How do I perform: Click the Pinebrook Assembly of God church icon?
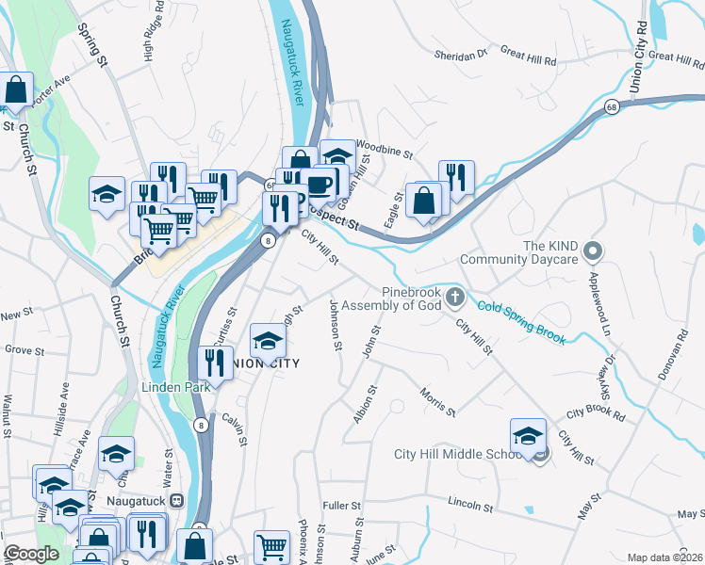(x=455, y=299)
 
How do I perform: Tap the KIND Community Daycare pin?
(x=593, y=251)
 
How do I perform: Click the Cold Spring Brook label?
(x=521, y=322)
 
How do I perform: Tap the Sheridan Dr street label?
(x=460, y=55)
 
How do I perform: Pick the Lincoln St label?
(x=471, y=501)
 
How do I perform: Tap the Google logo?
(x=31, y=554)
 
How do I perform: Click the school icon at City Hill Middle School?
(x=528, y=436)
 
